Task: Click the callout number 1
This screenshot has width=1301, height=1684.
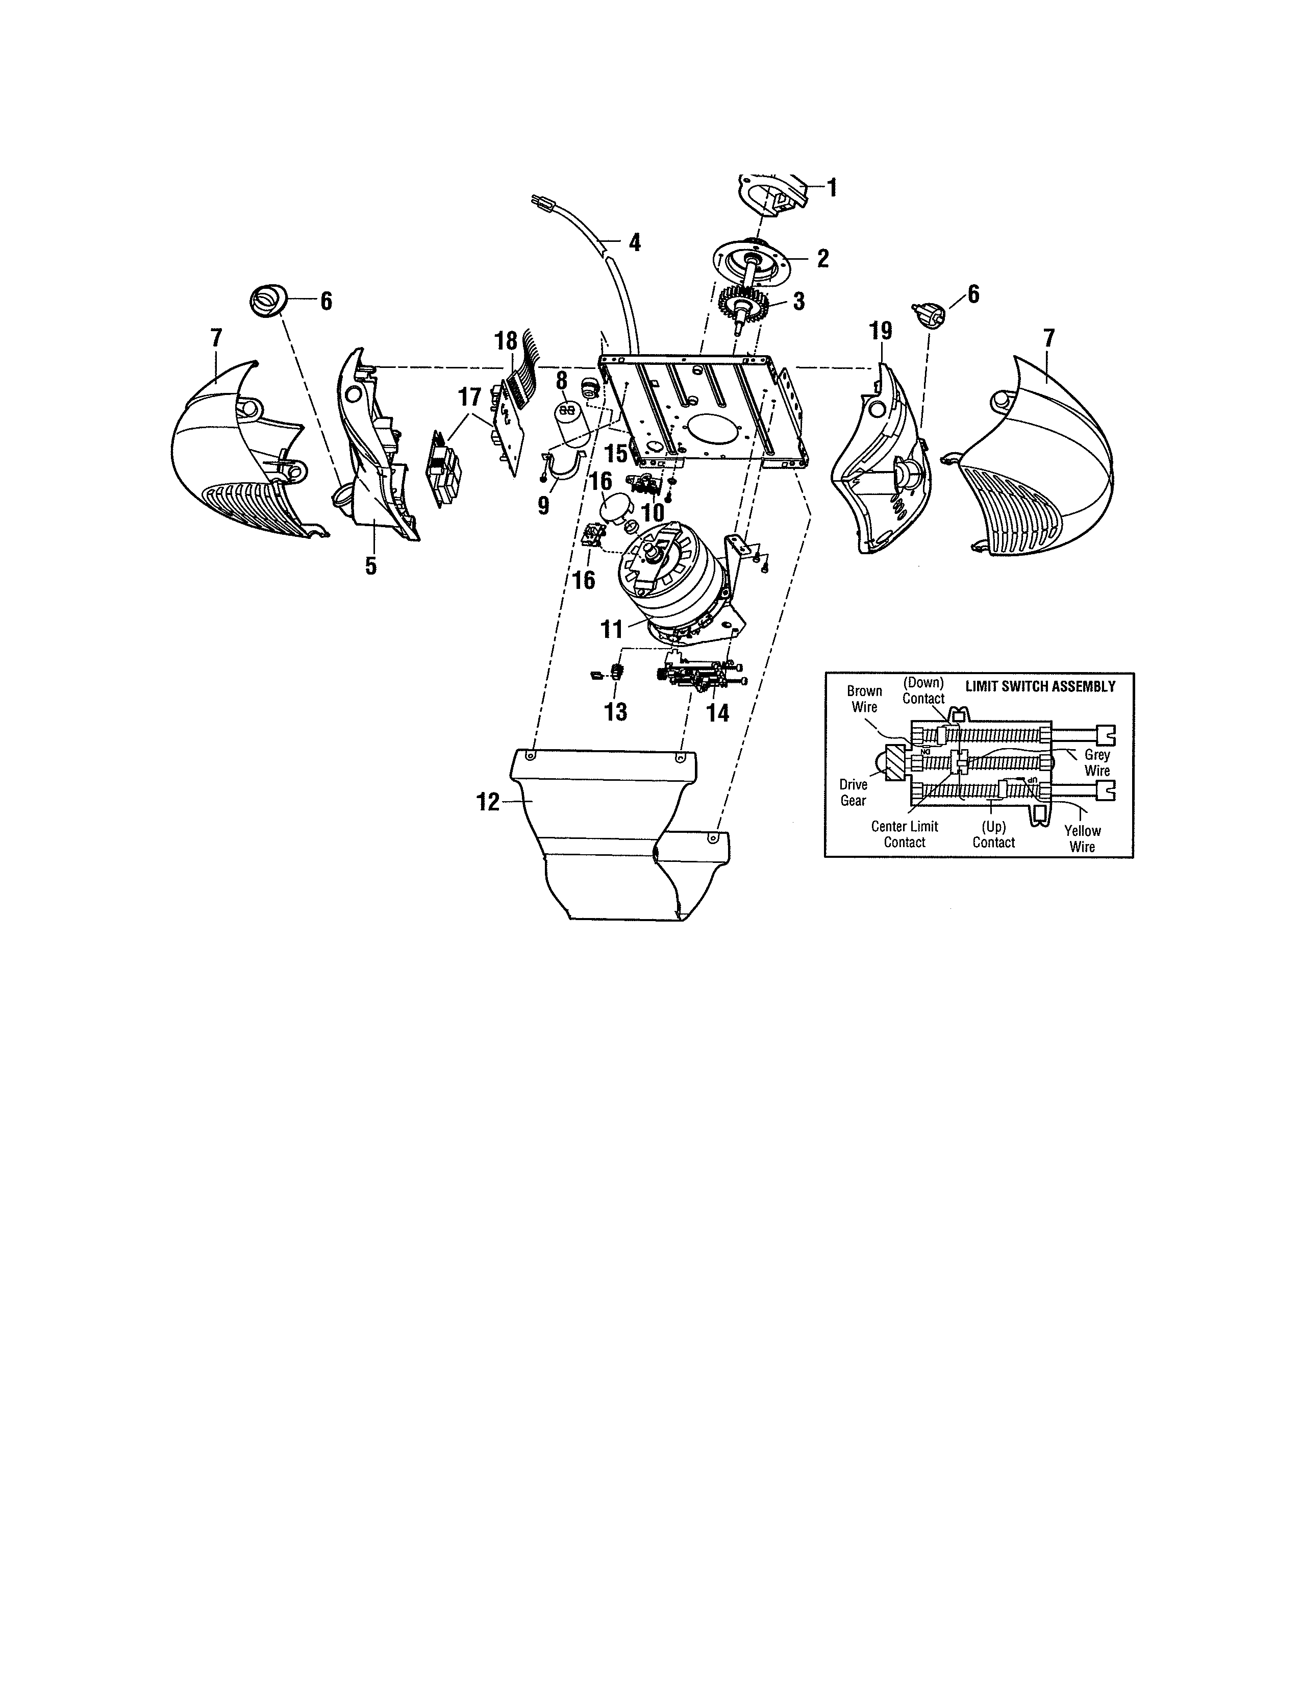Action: pos(832,187)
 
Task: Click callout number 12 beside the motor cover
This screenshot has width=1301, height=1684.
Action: pos(488,803)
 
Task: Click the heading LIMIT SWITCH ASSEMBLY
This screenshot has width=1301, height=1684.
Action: pos(1040,686)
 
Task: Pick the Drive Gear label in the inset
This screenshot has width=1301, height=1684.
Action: pos(853,793)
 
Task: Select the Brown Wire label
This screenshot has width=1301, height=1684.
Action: pos(864,699)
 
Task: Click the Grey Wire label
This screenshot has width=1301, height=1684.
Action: pos(1097,762)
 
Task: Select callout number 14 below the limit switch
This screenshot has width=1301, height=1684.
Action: pos(717,713)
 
